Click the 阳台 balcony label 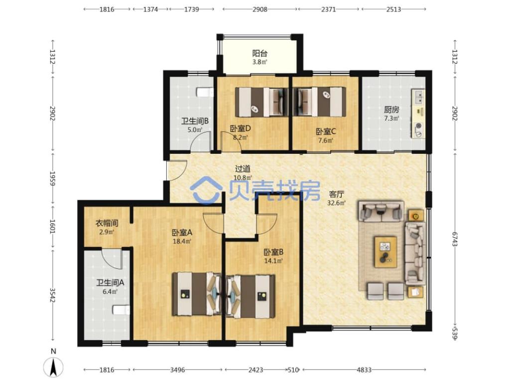(259, 53)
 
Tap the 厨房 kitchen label (391, 110)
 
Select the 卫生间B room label (195, 122)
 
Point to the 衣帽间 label (107, 224)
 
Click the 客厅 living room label (336, 195)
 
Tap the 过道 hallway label (243, 169)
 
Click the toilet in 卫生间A (122, 310)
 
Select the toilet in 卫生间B (205, 93)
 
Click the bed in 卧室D (262, 102)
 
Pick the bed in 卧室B (251, 296)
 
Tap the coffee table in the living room (386, 252)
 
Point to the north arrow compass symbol (54, 368)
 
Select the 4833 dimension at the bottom (364, 370)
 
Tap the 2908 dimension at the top (259, 9)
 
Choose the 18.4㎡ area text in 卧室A (182, 242)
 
